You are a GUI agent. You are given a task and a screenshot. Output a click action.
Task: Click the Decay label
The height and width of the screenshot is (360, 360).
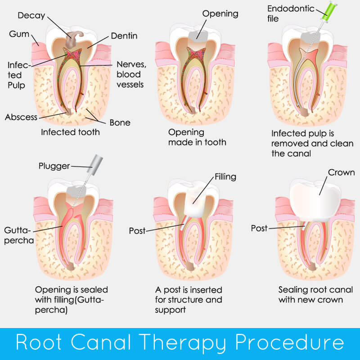(x=31, y=15)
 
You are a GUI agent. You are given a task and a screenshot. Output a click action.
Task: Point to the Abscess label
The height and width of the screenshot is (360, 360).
(x=21, y=117)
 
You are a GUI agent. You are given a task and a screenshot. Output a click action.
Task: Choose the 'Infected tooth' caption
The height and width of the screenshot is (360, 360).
(x=70, y=132)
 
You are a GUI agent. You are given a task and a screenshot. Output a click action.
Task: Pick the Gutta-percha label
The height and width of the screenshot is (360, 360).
(x=20, y=234)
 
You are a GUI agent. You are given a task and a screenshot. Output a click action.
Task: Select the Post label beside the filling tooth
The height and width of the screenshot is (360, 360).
(x=137, y=230)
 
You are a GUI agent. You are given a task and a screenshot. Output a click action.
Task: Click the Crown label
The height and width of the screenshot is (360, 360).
(x=341, y=172)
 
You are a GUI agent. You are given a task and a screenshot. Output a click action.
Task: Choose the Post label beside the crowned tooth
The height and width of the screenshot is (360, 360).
(x=259, y=228)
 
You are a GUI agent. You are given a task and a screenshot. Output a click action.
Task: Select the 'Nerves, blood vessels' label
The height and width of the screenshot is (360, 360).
(x=129, y=74)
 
